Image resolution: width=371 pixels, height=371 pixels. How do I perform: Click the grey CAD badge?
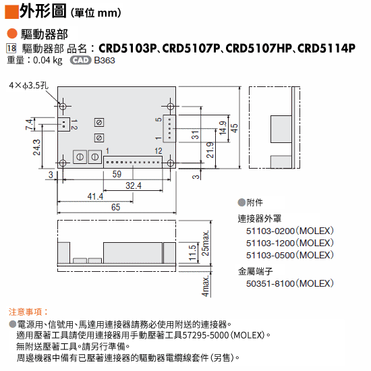[x=80, y=60]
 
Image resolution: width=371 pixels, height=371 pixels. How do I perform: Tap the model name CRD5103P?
[x=127, y=49]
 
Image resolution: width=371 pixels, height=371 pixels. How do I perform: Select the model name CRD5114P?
[x=326, y=49]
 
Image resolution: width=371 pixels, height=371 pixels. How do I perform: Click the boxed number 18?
[x=11, y=49]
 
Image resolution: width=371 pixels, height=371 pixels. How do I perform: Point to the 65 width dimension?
[x=116, y=207]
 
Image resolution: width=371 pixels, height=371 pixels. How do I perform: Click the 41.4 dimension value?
[x=95, y=196]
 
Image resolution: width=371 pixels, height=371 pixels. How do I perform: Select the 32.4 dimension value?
[x=133, y=185]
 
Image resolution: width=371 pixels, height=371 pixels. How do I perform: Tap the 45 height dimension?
[x=234, y=128]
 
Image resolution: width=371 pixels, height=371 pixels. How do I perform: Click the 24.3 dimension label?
[x=36, y=147]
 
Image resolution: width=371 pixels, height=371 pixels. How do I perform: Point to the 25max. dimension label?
[x=205, y=244]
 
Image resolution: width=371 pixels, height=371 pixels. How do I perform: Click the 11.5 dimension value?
[x=192, y=253]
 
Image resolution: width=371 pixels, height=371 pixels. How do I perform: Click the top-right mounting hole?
[x=171, y=106]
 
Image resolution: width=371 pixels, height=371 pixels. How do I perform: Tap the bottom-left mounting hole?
[x=63, y=163]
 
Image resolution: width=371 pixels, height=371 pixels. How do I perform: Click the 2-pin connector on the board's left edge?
[x=63, y=125]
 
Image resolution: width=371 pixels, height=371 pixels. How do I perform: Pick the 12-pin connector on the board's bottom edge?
[x=133, y=162]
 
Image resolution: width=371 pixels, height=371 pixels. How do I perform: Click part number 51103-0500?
[x=270, y=255]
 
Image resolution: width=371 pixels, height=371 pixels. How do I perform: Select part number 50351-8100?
[x=270, y=283]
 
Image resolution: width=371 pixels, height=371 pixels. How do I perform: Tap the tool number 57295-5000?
[x=206, y=335]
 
